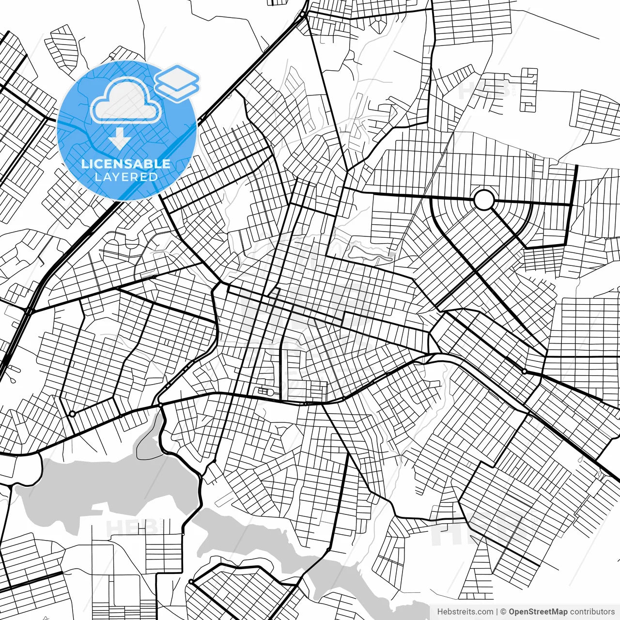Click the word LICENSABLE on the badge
[x=126, y=164]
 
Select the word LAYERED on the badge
[x=126, y=177]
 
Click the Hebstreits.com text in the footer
[x=465, y=612]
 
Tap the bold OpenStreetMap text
[x=538, y=612]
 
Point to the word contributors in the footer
[x=592, y=612]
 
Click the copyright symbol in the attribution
[x=504, y=612]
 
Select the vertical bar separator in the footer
[x=497, y=612]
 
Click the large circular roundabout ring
[x=483, y=200]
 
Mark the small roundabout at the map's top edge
[x=302, y=15]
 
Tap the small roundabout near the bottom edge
[x=191, y=581]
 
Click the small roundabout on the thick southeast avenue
[x=525, y=371]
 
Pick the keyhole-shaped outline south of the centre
[x=265, y=391]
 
